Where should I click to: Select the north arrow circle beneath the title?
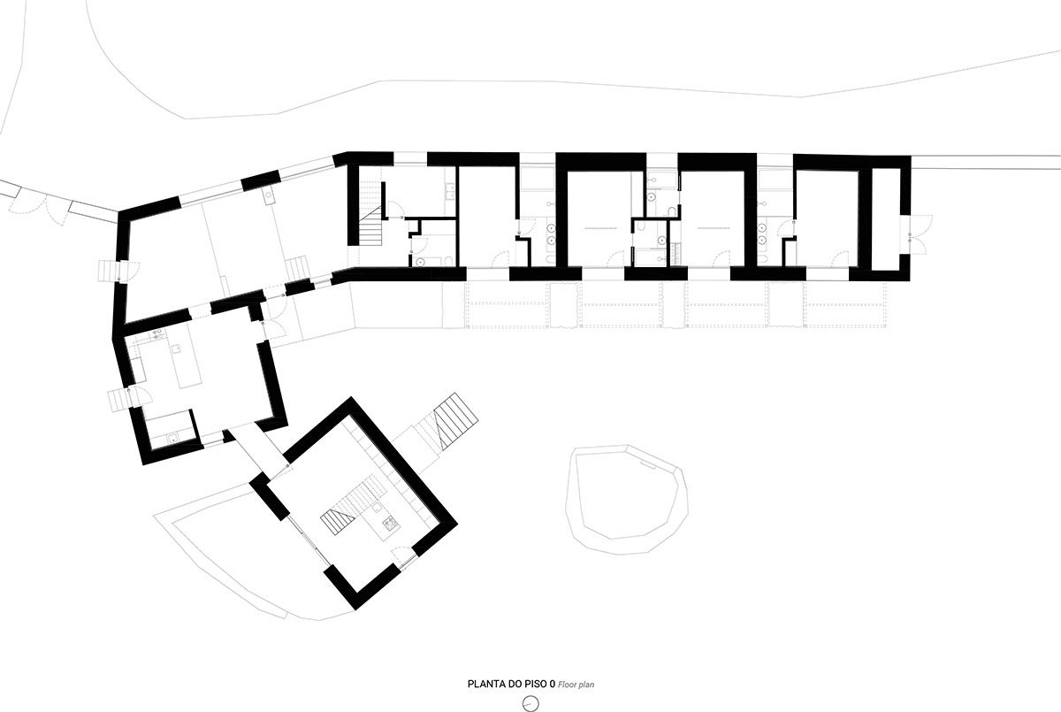[530, 702]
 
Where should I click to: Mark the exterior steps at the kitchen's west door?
[118, 401]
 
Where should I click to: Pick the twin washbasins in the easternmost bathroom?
[761, 233]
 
